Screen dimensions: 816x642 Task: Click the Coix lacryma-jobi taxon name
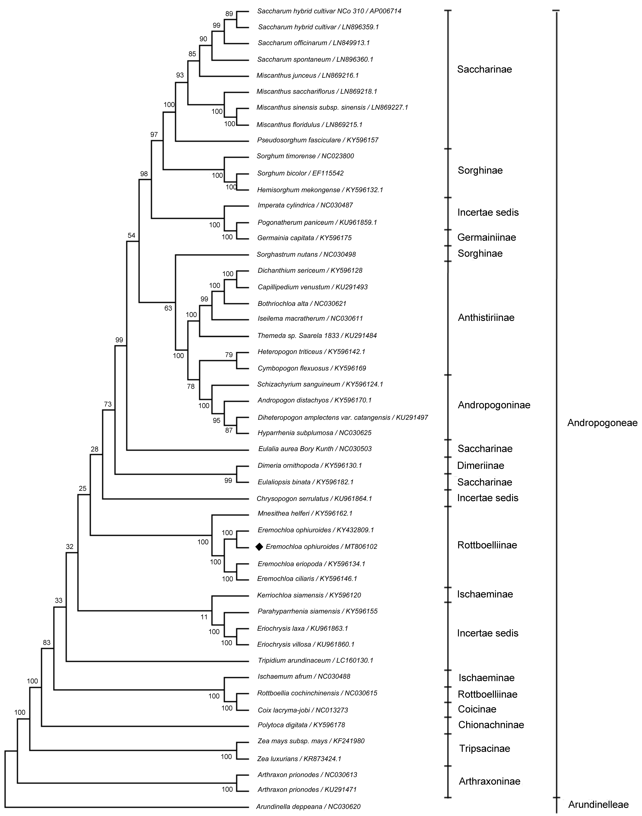tap(303, 710)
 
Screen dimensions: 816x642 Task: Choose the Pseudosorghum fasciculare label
tap(318, 140)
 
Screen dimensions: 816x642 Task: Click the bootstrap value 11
tap(204, 617)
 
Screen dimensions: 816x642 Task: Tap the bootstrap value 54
tap(131, 236)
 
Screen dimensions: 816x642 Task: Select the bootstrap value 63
tap(168, 308)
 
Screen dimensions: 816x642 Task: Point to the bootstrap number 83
tap(47, 642)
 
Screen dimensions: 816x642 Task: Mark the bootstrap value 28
tap(94, 449)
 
